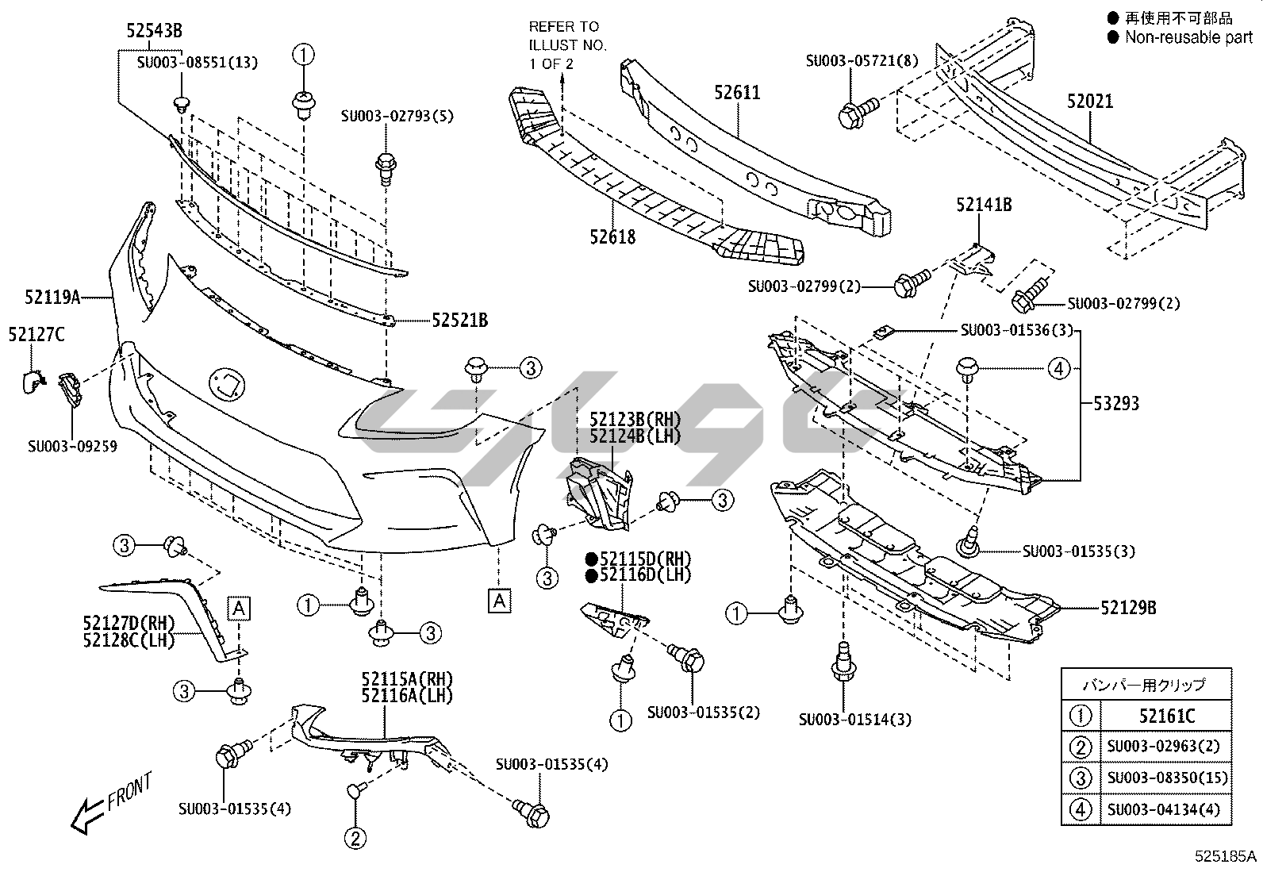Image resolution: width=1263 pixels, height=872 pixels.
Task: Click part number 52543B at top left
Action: click(x=154, y=31)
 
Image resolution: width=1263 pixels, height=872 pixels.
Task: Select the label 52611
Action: click(x=737, y=93)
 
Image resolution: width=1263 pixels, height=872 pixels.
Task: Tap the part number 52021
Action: click(x=1090, y=102)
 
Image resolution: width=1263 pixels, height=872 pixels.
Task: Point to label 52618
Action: click(x=612, y=236)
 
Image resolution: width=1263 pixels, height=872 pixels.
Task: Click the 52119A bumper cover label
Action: click(x=52, y=298)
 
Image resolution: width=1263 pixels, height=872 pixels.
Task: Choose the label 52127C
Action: click(x=36, y=335)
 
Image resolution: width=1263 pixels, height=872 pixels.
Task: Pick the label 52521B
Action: click(x=460, y=321)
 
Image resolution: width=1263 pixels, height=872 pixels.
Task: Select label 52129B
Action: click(x=1128, y=609)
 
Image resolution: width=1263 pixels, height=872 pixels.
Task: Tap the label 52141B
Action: click(x=984, y=205)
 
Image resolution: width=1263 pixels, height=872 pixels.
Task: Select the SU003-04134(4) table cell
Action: click(x=1167, y=809)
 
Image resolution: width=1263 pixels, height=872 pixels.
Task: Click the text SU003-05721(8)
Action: click(x=862, y=60)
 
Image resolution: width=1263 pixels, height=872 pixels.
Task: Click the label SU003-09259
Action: click(x=72, y=447)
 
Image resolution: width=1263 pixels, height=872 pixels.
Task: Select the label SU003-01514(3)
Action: click(x=854, y=720)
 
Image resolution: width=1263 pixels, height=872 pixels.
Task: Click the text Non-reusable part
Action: click(x=1188, y=36)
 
